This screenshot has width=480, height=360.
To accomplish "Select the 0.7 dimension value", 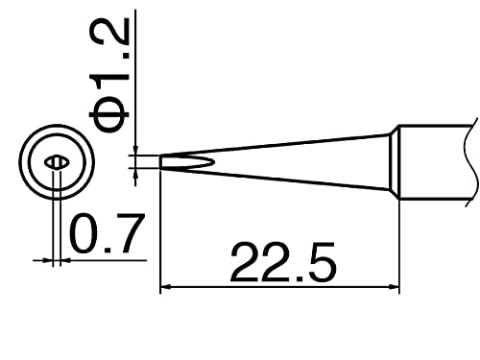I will click(107, 233).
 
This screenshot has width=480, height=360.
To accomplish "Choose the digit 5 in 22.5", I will click(316, 260).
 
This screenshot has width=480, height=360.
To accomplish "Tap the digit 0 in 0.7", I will click(86, 233).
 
